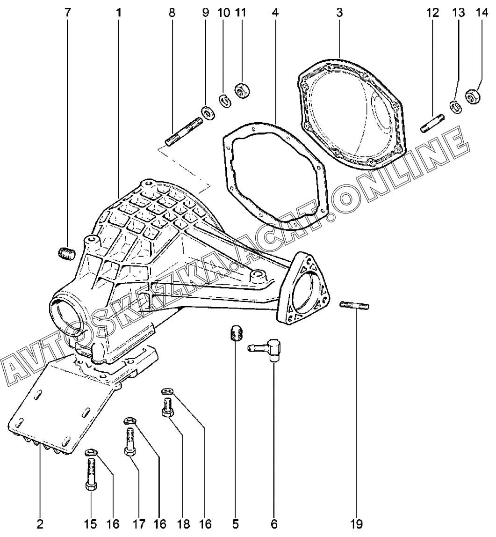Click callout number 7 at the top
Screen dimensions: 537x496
(x=68, y=12)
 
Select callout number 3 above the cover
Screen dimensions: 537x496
(x=339, y=12)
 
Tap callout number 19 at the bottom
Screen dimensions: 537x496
(x=358, y=523)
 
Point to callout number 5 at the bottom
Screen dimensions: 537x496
(x=236, y=523)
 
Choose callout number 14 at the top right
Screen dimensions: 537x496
(x=481, y=12)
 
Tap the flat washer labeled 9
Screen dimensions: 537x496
(x=207, y=112)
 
